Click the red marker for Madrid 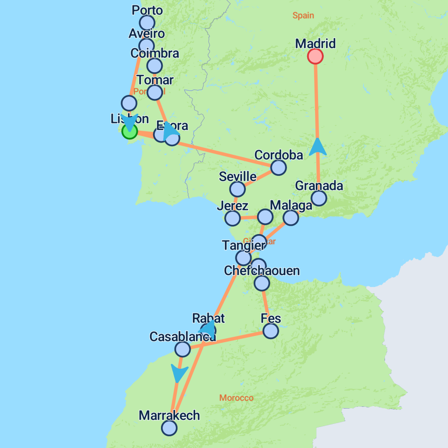pyautogui.click(x=315, y=56)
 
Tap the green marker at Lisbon pyautogui.click(x=129, y=131)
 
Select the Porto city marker pyautogui.click(x=147, y=22)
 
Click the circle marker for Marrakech pyautogui.click(x=169, y=428)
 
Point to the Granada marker pyautogui.click(x=319, y=198)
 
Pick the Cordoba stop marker pyautogui.click(x=278, y=167)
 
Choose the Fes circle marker pyautogui.click(x=271, y=331)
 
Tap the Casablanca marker pyautogui.click(x=182, y=349)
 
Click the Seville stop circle pyautogui.click(x=237, y=189)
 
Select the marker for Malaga pyautogui.click(x=290, y=217)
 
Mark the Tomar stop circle pyautogui.click(x=154, y=92)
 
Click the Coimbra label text pyautogui.click(x=155, y=53)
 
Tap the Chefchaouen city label pyautogui.click(x=262, y=271)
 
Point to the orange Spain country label pyautogui.click(x=303, y=16)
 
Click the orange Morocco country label pyautogui.click(x=236, y=398)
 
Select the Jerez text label pyautogui.click(x=232, y=206)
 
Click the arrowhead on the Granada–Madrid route pyautogui.click(x=318, y=147)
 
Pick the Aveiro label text pyautogui.click(x=147, y=34)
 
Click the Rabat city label pyautogui.click(x=208, y=318)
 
